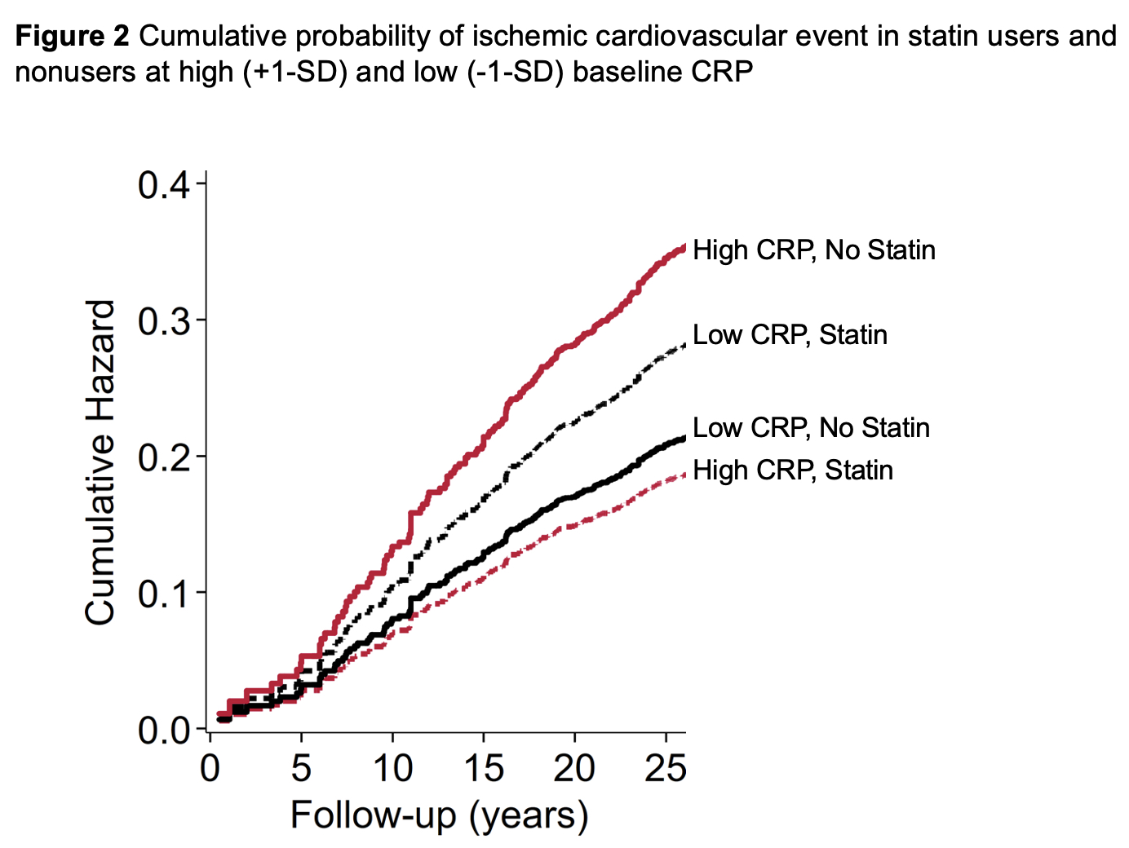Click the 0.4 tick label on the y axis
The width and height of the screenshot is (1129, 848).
coord(163,186)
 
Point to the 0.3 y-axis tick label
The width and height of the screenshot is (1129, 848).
coord(163,322)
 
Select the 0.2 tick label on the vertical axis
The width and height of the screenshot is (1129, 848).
coord(163,457)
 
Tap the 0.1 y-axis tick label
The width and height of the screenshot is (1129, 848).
coord(163,594)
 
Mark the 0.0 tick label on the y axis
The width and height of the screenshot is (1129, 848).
coord(163,730)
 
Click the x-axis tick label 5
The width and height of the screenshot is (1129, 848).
coord(302,768)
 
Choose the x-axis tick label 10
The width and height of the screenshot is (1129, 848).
coord(392,768)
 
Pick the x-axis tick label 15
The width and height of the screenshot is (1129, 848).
coord(484,768)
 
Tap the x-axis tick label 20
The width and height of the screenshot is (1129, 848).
coord(574,768)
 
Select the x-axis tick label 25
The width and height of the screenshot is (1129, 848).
coord(666,768)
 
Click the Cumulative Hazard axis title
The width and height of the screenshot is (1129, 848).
coord(100,462)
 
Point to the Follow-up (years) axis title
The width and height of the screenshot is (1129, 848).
coord(439,815)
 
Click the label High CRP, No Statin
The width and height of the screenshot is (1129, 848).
coord(813,250)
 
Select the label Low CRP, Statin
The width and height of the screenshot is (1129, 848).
coord(790,334)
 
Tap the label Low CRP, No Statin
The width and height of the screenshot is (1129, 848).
coord(811,427)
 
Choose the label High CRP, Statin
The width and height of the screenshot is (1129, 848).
coord(792,470)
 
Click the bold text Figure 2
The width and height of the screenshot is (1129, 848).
coord(72,37)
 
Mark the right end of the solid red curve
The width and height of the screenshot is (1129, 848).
coord(684,245)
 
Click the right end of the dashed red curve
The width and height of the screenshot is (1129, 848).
coord(684,475)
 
